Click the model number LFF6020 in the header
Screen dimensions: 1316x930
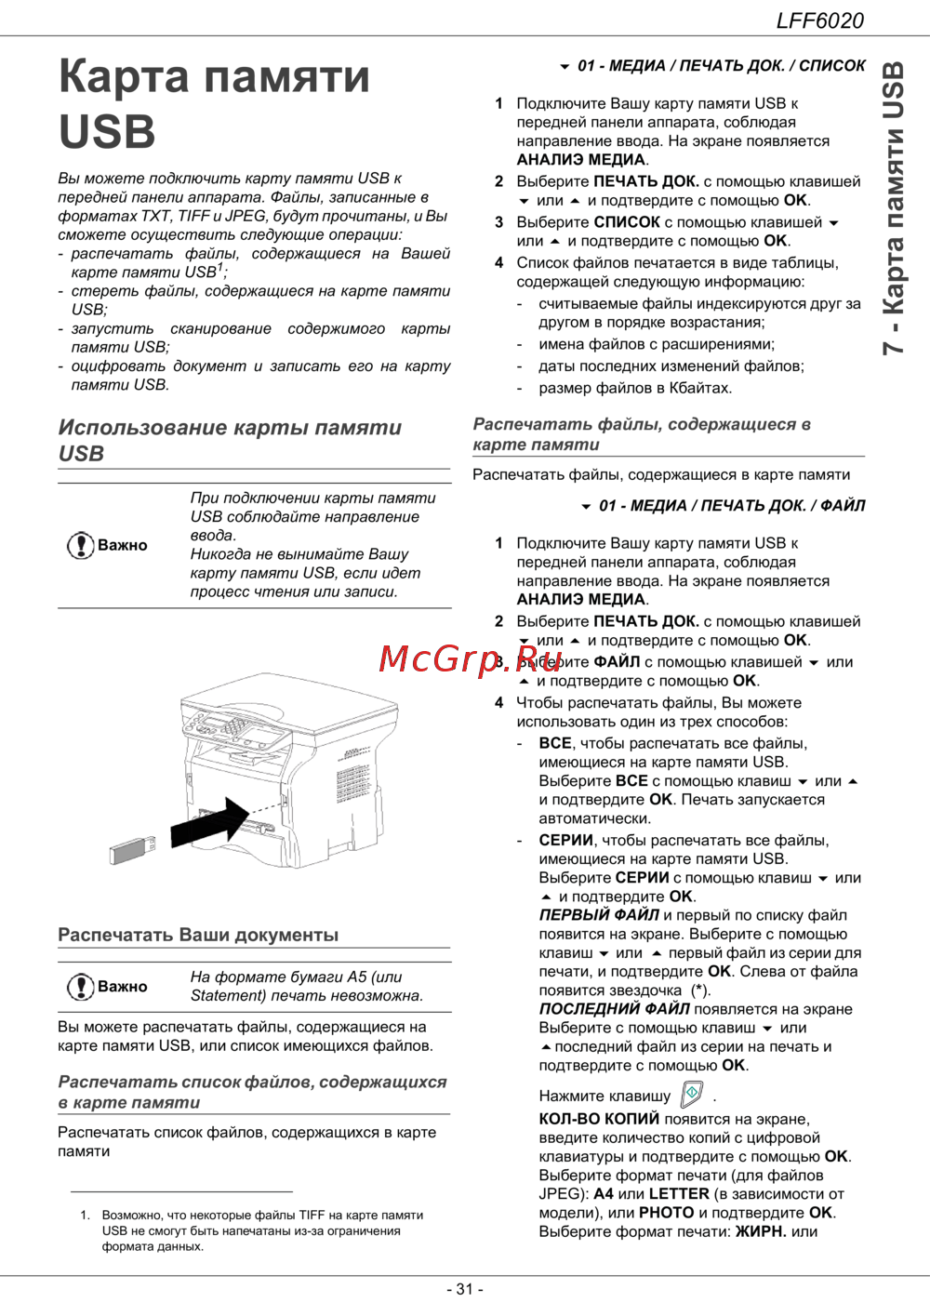tap(819, 20)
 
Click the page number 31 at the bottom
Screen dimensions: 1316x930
tap(465, 1289)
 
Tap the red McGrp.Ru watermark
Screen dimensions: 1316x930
tap(471, 658)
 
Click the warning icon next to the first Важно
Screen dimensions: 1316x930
tap(80, 545)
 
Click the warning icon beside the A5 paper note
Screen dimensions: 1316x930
tap(80, 986)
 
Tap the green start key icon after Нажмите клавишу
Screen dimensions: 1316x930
tap(692, 1094)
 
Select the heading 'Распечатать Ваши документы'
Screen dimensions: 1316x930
tap(198, 935)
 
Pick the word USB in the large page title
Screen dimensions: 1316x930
tap(107, 131)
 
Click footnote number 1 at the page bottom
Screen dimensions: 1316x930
tap(85, 1215)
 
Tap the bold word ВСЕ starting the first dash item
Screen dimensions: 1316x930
tap(555, 743)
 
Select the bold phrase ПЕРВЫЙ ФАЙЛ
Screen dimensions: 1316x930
tap(599, 915)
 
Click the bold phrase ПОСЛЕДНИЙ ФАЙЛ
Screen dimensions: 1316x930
tap(614, 1009)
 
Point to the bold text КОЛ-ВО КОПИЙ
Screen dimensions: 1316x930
tap(599, 1119)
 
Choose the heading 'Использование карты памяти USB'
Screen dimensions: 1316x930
tap(230, 440)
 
